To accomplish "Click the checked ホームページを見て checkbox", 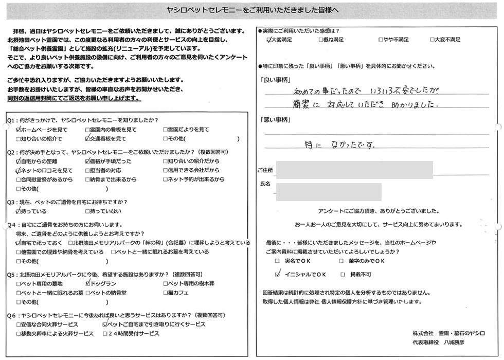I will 19,130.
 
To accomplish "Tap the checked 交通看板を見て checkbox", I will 87,139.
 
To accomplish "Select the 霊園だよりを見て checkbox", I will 166,130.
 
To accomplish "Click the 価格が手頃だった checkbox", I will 87,161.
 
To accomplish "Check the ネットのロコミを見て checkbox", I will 19,170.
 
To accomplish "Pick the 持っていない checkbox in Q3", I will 87,211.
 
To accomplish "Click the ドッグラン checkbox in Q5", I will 87,283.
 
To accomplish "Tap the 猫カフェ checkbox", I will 166,293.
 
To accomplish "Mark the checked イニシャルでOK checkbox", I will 278,275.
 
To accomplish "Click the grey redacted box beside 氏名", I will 329,191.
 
